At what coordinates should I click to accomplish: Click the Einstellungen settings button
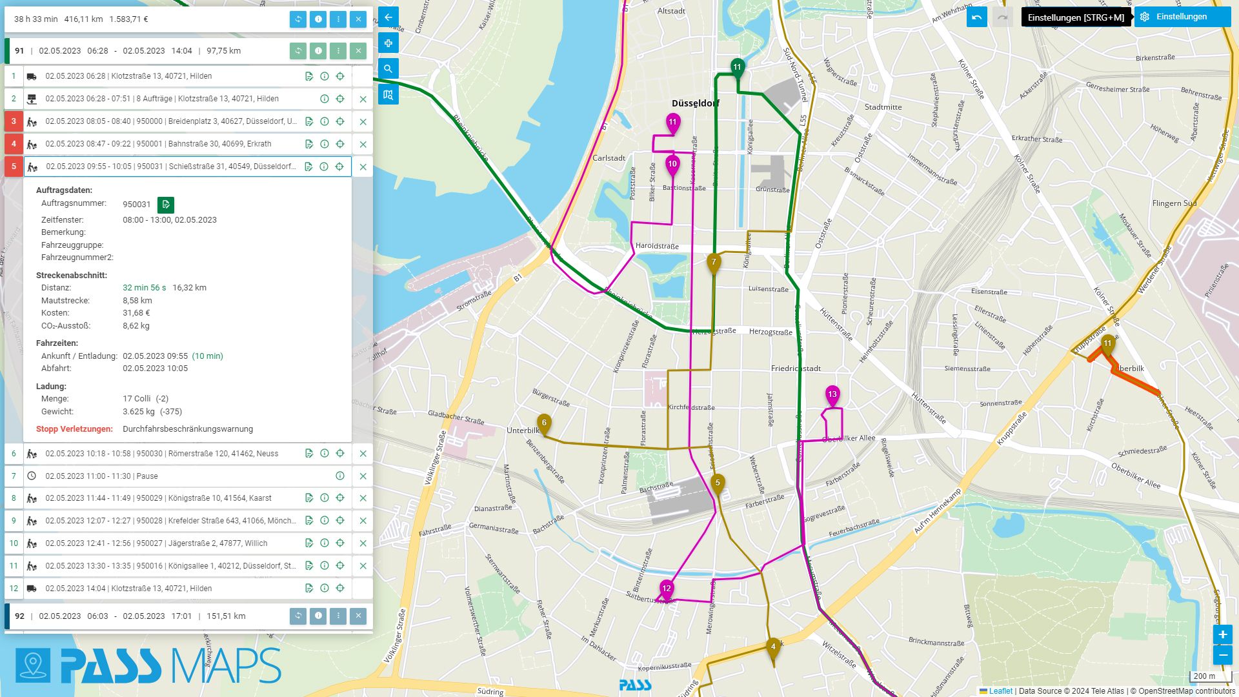coord(1182,17)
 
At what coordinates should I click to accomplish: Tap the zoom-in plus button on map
coord(1222,634)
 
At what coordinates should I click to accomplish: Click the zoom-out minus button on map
coord(1222,655)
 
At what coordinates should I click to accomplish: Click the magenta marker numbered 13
coord(832,394)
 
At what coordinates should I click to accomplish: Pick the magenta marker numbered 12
coord(667,589)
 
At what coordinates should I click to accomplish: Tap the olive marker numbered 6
coord(544,423)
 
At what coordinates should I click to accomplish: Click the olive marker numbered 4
coord(773,647)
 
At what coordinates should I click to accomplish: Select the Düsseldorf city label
coord(695,103)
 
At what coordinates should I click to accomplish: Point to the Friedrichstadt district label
coord(796,369)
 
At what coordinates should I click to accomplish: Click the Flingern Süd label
coord(1174,203)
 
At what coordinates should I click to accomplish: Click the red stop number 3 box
coord(14,121)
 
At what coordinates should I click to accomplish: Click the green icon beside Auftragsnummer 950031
coord(166,205)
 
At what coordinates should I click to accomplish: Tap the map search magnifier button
coord(388,68)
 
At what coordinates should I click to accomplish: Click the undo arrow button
coord(976,17)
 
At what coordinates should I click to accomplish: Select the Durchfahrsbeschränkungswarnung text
coord(188,429)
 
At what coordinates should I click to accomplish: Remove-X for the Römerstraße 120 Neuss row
coord(363,454)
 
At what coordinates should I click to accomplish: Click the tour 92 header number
coord(19,616)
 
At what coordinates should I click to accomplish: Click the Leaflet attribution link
coord(1000,691)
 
